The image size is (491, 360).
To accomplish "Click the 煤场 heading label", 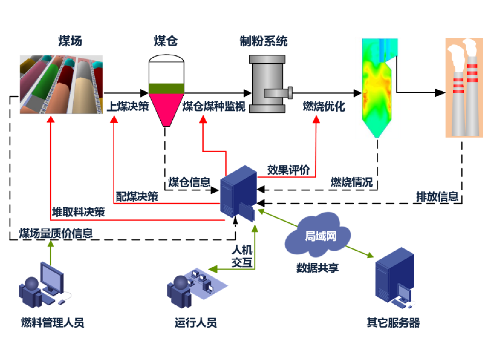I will click(x=70, y=41).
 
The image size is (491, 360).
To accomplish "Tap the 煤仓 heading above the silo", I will click(x=166, y=41).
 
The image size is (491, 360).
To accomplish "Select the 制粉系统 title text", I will click(x=264, y=41).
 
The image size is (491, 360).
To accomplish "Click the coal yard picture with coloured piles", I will click(x=62, y=84).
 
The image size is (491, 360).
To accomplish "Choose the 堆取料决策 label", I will click(x=78, y=212).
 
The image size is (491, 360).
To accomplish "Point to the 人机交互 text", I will click(x=242, y=256).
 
